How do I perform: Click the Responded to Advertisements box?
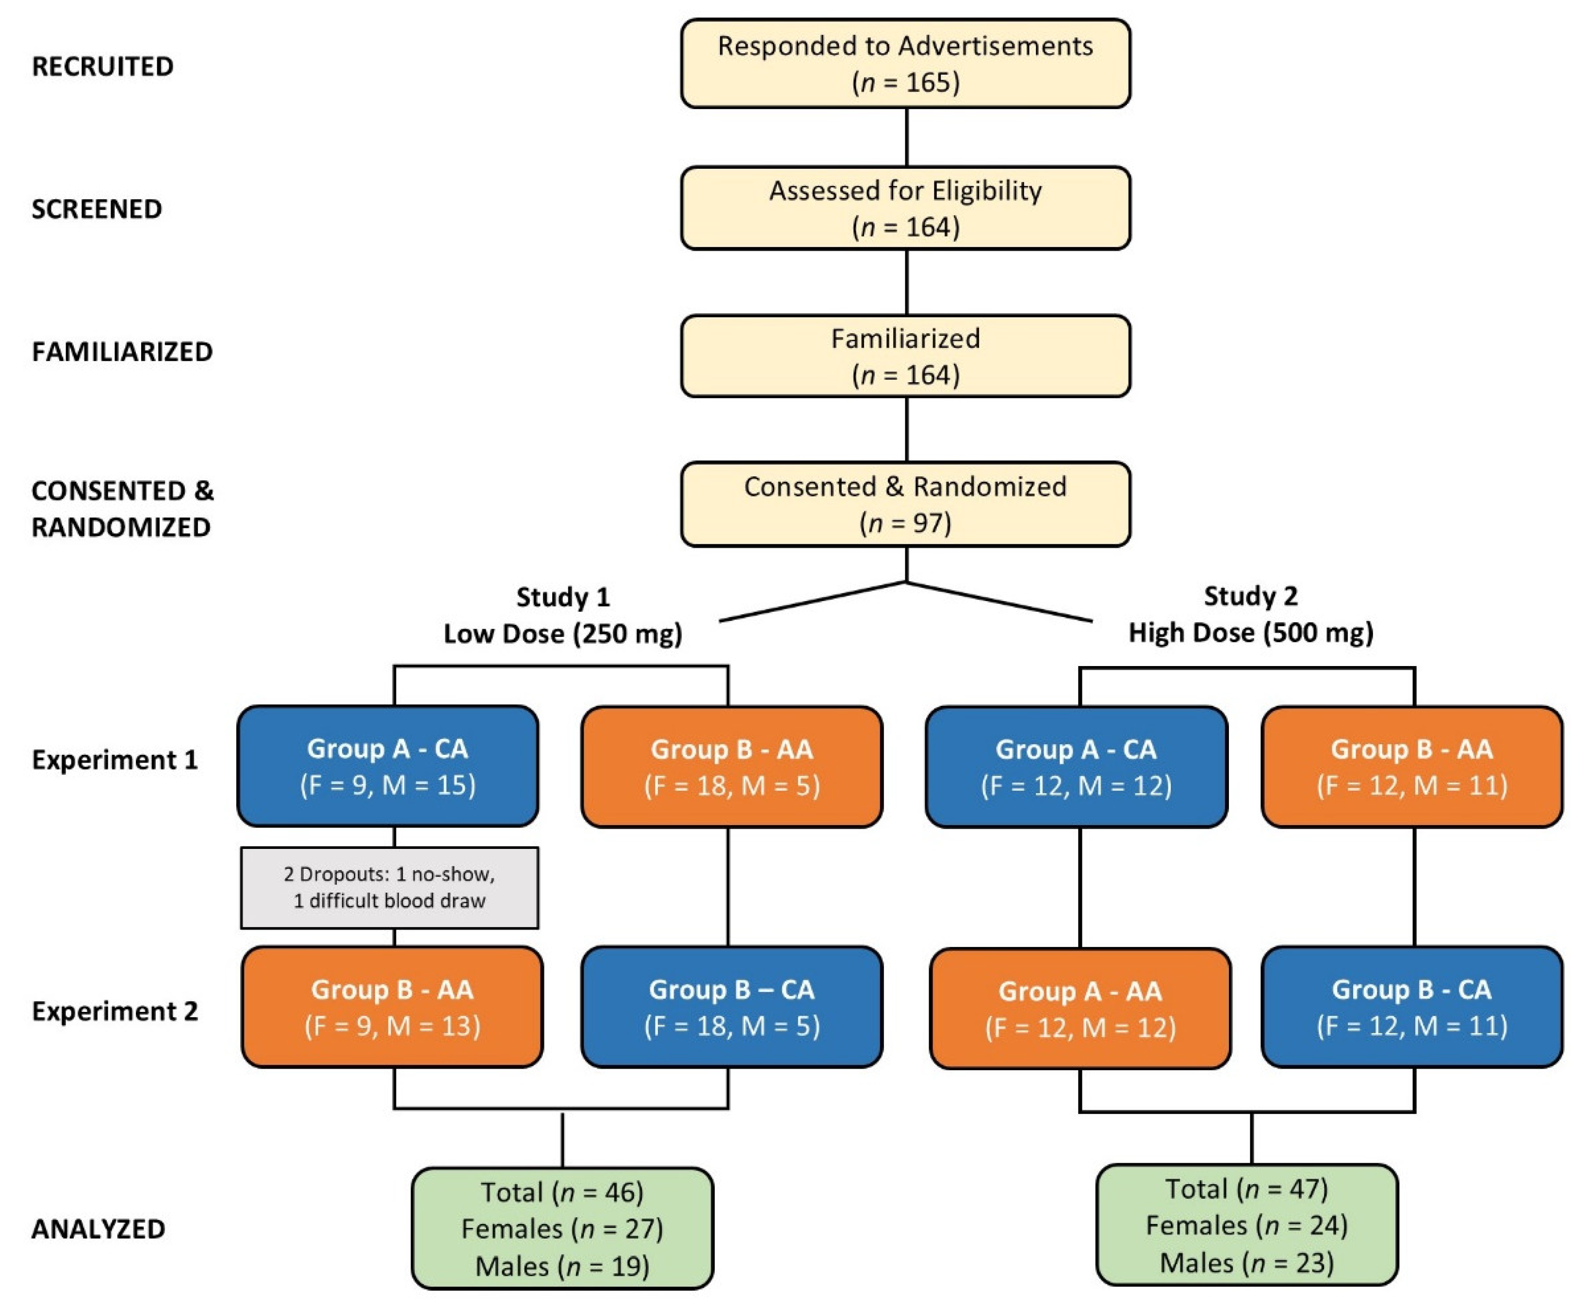[x=905, y=64]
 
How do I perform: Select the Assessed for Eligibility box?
[x=905, y=208]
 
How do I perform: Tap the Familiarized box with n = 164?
[x=905, y=356]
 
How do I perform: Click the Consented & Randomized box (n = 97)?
[x=905, y=504]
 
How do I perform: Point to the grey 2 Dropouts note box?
[x=389, y=888]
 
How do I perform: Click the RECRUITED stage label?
[x=102, y=66]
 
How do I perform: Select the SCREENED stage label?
[x=97, y=209]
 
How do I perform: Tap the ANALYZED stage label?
[x=98, y=1229]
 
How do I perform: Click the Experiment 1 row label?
[x=115, y=760]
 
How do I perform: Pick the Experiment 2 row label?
[x=115, y=1011]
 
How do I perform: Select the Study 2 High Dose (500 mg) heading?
[x=1251, y=614]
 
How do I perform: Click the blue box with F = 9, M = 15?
[x=388, y=766]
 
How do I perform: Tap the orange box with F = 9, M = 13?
[x=392, y=1007]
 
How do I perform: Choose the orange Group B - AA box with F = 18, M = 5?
[x=732, y=766]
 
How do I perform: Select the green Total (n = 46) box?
[x=562, y=1229]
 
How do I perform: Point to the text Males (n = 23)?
[x=1246, y=1263]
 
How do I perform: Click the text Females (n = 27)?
[x=562, y=1229]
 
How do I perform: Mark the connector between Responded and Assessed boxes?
[x=907, y=137]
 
